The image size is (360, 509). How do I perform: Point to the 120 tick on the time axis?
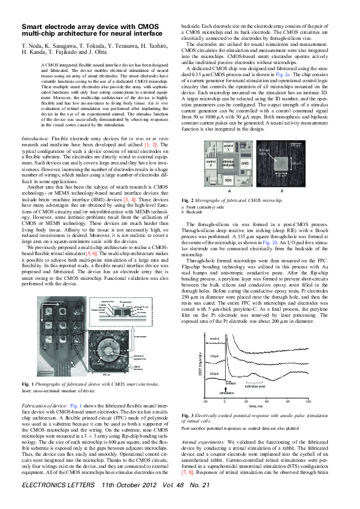click(x=308, y=401)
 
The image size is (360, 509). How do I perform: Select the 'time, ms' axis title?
click(x=256, y=408)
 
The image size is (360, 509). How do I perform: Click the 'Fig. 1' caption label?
click(x=28, y=384)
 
